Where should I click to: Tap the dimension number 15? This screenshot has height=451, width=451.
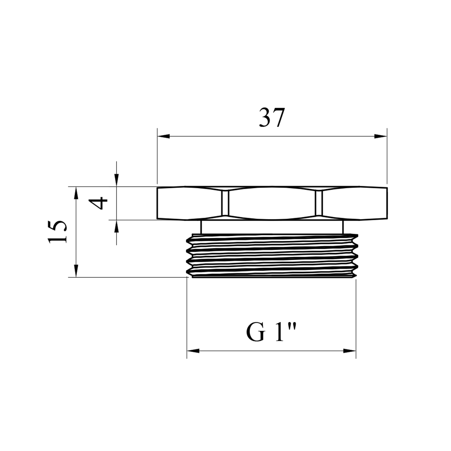click(x=57, y=232)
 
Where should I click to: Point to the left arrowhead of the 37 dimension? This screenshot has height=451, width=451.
click(x=164, y=136)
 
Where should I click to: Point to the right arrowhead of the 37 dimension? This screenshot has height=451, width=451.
click(x=381, y=136)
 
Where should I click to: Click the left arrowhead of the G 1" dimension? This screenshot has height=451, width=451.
click(x=193, y=351)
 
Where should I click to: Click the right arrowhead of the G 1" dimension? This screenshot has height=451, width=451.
click(x=350, y=351)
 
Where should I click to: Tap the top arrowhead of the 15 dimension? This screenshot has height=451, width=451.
click(x=76, y=193)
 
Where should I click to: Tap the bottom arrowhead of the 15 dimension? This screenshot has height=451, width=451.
click(x=76, y=271)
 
